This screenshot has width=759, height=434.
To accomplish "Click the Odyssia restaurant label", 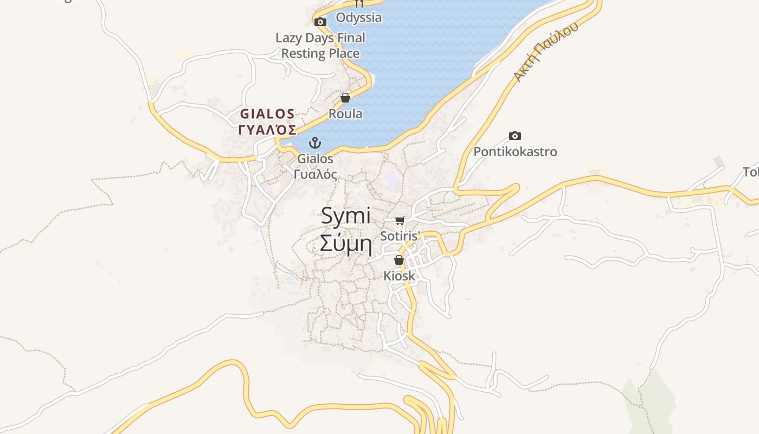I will tap(358, 17).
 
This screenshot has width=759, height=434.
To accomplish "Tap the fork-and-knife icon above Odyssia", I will tap(358, 3).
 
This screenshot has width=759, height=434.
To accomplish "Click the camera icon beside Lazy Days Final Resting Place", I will tap(320, 22).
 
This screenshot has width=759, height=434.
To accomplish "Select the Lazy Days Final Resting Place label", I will tap(320, 46).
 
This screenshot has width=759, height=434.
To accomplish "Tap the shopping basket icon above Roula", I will tap(345, 98).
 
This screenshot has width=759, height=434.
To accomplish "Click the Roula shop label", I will tap(345, 114).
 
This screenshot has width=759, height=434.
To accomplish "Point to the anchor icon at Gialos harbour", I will tap(315, 143).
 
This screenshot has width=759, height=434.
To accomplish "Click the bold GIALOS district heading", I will tap(267, 114).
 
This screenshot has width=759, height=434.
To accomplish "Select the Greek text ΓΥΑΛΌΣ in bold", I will tap(267, 130).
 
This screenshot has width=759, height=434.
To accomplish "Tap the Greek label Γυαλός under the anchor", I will tap(315, 174).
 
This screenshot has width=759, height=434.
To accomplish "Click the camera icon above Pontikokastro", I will tap(515, 136).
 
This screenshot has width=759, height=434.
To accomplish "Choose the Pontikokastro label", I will tap(515, 151).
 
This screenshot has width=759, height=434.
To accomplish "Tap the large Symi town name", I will tap(346, 216).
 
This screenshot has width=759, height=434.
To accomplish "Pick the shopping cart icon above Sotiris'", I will tap(400, 220).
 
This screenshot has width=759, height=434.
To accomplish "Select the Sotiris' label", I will tap(400, 236).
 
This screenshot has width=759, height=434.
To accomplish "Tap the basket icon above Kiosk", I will tap(399, 260).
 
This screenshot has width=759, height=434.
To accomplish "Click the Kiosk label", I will tap(399, 276).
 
